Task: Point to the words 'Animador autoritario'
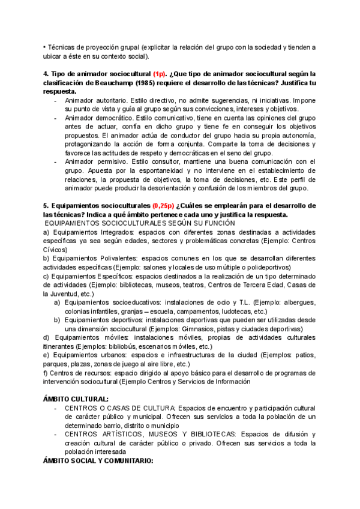94,100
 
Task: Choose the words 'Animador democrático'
96,118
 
